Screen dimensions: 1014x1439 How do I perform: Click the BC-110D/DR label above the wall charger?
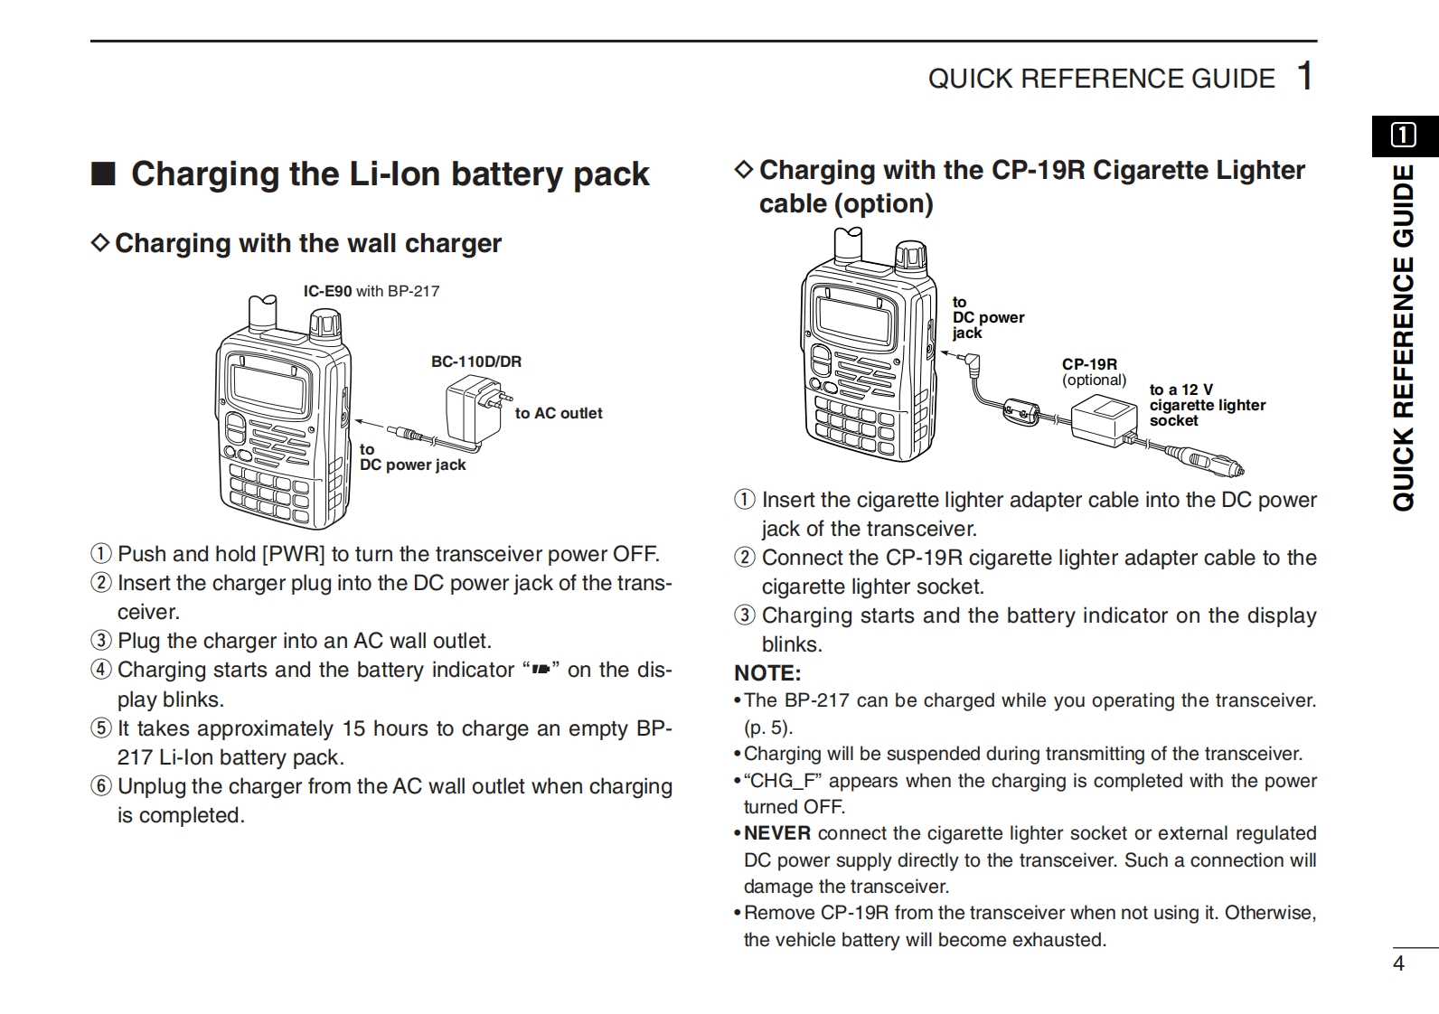[475, 361]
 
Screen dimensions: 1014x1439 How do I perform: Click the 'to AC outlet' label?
[558, 413]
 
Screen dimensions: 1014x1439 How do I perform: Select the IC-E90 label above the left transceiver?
[327, 291]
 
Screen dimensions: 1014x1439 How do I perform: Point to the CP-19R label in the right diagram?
[1089, 364]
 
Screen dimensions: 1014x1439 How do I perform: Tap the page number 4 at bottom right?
[1398, 963]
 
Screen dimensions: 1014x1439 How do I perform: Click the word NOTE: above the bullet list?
[767, 673]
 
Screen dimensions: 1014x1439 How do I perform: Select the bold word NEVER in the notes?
[777, 833]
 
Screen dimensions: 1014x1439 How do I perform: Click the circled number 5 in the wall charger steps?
[101, 728]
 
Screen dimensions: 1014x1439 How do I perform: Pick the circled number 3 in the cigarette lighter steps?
[745, 615]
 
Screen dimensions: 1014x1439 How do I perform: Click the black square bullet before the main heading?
[103, 174]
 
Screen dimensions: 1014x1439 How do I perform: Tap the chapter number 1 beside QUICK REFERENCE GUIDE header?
[1304, 76]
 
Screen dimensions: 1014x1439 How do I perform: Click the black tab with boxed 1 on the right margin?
[1404, 136]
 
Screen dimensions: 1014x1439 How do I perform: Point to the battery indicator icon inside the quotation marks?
[541, 670]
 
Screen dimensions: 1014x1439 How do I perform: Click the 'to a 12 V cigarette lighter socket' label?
[1207, 405]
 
